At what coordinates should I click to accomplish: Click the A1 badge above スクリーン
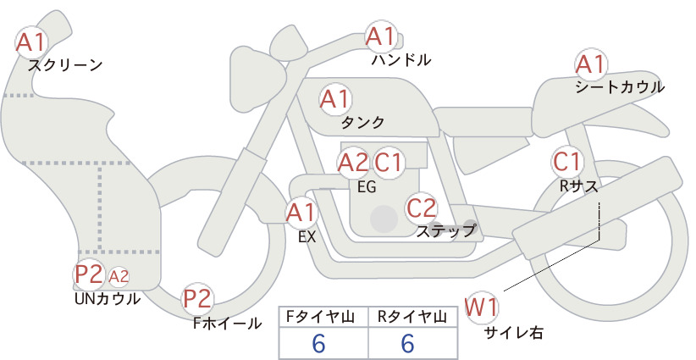click(x=31, y=42)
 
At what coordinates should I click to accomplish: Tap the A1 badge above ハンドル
click(x=381, y=36)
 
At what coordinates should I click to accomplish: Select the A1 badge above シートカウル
click(x=591, y=64)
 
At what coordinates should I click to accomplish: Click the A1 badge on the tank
click(x=335, y=99)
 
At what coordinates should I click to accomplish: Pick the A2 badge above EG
click(x=353, y=163)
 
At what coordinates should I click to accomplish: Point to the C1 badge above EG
click(x=389, y=163)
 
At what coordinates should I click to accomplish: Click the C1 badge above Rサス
click(x=566, y=162)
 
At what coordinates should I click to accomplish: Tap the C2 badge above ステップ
click(x=422, y=208)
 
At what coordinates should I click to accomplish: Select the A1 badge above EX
click(x=301, y=213)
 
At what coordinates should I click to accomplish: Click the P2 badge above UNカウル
click(x=89, y=274)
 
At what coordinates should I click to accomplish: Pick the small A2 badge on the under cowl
click(x=119, y=276)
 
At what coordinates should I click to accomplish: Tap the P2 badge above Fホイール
click(x=197, y=299)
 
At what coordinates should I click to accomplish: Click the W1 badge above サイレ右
click(x=482, y=307)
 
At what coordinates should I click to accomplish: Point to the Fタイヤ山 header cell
click(x=323, y=317)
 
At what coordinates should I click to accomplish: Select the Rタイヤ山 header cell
click(x=413, y=317)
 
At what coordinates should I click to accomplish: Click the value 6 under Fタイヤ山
click(x=318, y=343)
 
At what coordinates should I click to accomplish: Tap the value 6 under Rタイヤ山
click(x=407, y=343)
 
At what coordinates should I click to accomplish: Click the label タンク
click(x=362, y=122)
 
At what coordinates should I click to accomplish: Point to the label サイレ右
click(x=513, y=333)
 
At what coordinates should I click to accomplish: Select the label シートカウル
click(x=620, y=87)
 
